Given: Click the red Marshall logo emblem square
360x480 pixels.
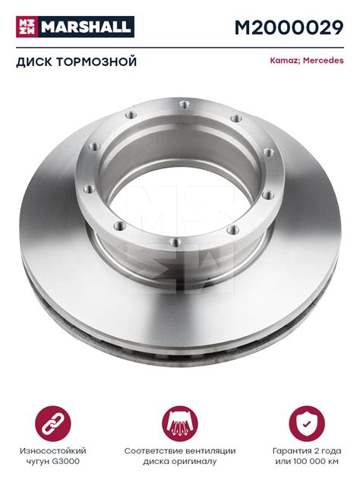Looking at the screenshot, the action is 27,27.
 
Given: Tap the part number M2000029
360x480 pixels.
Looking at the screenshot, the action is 289,27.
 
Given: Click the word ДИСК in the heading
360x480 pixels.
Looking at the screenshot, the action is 34,62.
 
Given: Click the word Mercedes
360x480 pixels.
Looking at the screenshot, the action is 324,60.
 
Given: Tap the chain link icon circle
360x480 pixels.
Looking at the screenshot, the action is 53,424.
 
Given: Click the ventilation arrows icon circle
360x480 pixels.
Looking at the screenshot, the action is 180,424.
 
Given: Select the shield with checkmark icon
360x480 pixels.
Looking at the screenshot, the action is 307,424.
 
